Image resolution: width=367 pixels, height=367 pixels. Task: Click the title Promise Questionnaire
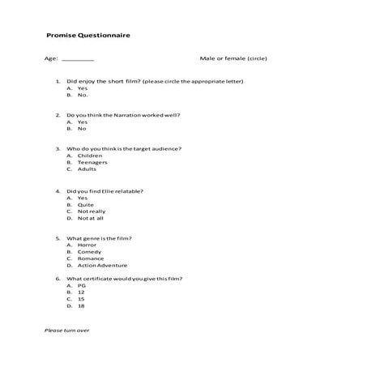pos(88,36)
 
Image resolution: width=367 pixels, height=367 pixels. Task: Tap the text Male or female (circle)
pos(233,58)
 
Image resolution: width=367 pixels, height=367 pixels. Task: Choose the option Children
pos(89,156)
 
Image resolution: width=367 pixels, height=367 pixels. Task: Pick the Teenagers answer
pos(92,163)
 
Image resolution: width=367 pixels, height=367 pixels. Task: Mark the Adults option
pos(87,169)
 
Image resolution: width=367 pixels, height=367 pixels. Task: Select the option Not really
pos(92,211)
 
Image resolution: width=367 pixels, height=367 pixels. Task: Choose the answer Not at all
pos(91,218)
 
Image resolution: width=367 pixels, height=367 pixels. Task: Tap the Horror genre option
pos(87,245)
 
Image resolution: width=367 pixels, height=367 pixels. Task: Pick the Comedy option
pos(88,252)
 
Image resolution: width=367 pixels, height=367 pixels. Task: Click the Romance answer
pos(90,258)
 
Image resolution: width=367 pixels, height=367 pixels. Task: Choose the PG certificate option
pos(81,285)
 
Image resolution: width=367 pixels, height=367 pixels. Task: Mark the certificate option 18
pos(81,305)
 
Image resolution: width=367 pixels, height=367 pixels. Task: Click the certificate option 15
pos(81,299)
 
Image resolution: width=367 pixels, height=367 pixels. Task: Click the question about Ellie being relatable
pos(105,191)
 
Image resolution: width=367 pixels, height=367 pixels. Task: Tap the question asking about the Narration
pos(123,115)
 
